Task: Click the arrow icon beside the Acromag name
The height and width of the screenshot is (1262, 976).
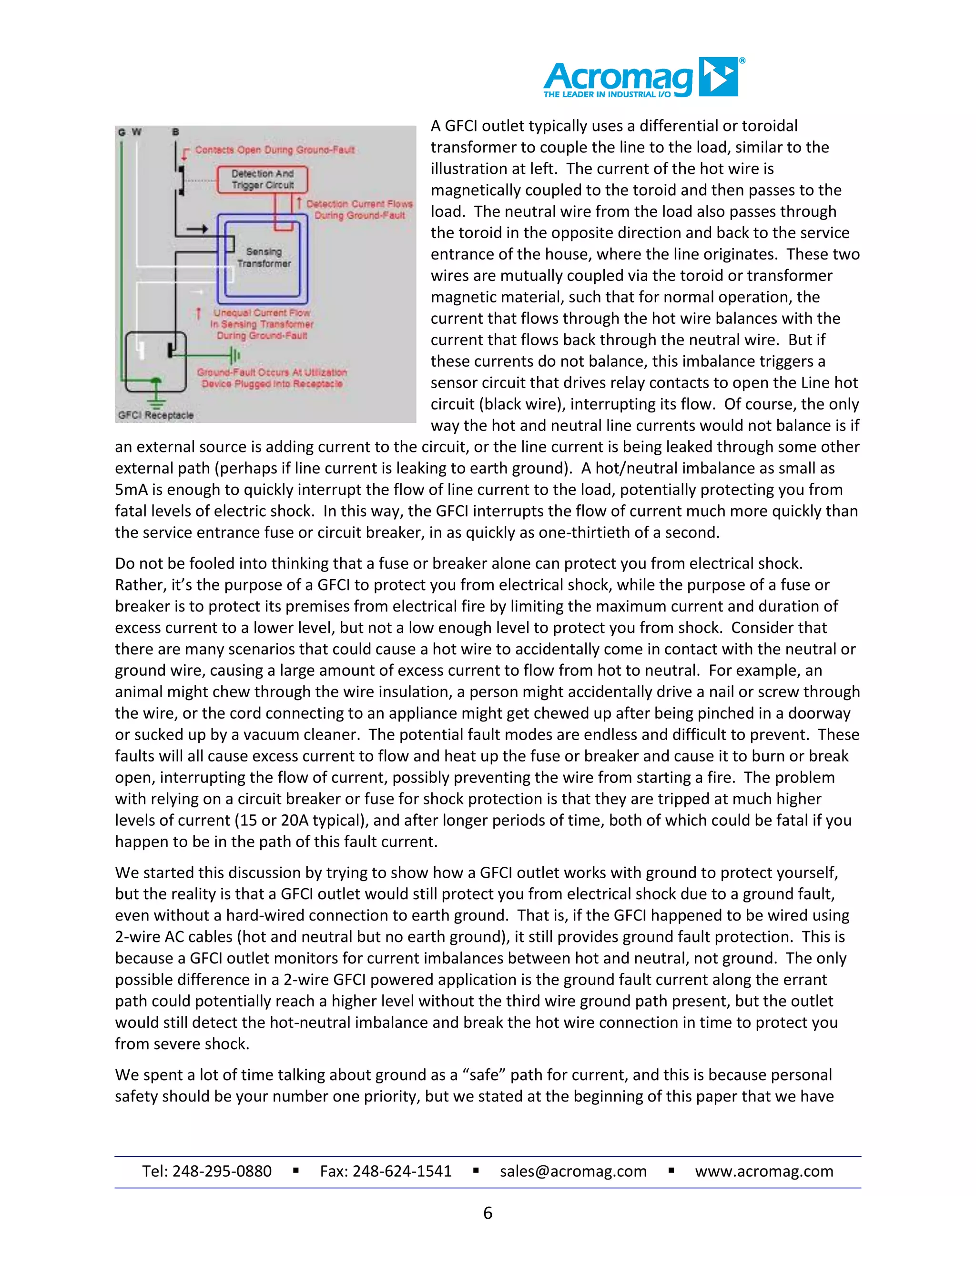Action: click(x=719, y=76)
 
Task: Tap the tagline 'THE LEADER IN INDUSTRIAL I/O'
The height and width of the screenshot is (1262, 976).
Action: click(x=607, y=94)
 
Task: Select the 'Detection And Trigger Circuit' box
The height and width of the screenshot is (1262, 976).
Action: click(x=263, y=179)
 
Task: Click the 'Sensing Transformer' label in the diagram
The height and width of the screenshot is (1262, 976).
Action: click(x=264, y=258)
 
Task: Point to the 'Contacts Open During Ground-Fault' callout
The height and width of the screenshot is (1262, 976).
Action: click(x=274, y=150)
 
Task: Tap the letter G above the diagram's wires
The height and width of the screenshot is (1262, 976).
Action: click(x=122, y=132)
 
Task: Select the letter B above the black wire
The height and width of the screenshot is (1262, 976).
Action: click(x=176, y=132)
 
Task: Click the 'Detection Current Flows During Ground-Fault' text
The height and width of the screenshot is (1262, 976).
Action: click(x=359, y=210)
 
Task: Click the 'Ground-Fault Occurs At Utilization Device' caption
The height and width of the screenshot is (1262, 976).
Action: click(x=272, y=378)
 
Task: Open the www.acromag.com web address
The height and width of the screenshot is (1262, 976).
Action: click(x=764, y=1172)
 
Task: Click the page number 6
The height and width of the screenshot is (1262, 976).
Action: click(x=488, y=1213)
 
